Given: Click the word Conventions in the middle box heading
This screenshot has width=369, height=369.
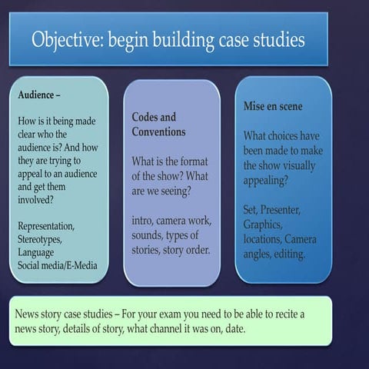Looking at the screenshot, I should (x=158, y=131).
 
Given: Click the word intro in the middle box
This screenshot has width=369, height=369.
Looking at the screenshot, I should (x=145, y=220).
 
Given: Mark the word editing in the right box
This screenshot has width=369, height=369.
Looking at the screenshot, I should (x=289, y=254).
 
